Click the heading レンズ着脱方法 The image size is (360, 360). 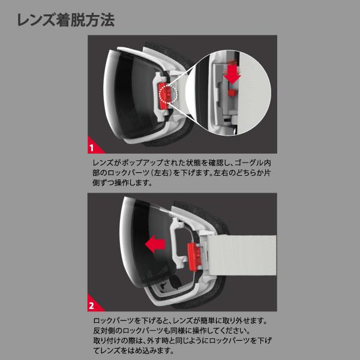(65, 20)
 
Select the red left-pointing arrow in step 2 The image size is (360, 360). (155, 244)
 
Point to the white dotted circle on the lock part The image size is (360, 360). (169, 94)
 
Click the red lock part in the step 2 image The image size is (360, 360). (194, 257)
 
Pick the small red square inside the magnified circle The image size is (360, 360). (232, 92)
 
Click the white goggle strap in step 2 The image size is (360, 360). (241, 255)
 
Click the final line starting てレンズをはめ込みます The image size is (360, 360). (133, 350)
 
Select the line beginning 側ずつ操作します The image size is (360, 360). (122, 183)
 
